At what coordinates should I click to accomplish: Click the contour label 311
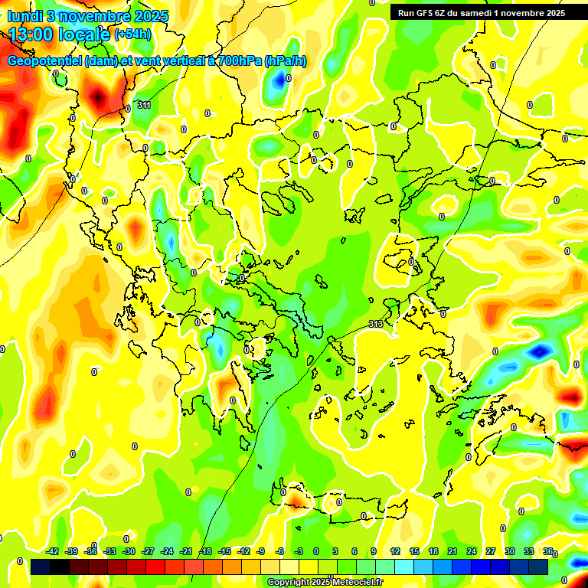coord(144,105)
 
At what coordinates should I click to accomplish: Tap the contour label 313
coord(375,325)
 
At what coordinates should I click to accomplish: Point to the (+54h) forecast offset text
coord(132,34)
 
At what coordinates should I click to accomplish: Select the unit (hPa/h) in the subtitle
coord(286,61)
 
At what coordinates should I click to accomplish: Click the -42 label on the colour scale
coord(53,551)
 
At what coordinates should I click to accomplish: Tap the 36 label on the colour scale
coord(548,551)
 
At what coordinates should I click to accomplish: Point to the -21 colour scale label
coord(186,551)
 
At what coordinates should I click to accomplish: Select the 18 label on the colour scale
coord(433,551)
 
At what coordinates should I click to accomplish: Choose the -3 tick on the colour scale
coord(299,551)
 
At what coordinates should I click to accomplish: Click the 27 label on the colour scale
coord(491,551)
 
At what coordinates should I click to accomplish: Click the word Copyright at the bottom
coord(291,583)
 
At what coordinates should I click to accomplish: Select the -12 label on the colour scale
coord(243,551)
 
